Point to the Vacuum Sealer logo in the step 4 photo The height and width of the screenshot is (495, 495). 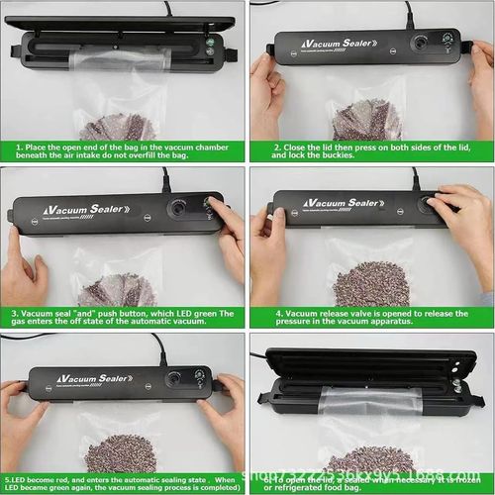point(342,203)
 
